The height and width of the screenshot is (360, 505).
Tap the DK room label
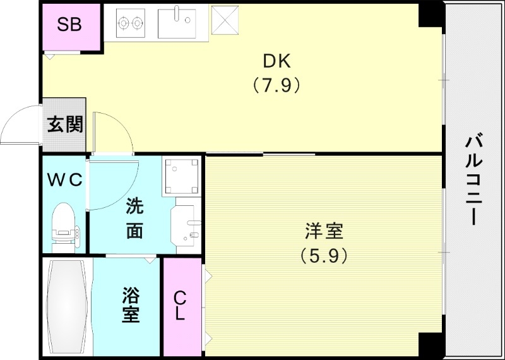276,62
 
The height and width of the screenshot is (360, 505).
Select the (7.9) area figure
276,84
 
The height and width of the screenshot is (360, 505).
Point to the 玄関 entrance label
64,125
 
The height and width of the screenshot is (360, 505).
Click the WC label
64,180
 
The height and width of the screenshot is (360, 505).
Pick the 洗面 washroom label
134,219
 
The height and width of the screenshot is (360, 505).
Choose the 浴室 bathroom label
131,305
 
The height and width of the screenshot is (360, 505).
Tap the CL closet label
180,305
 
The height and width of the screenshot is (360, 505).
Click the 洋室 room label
324,231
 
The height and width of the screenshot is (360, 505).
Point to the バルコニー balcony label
473,180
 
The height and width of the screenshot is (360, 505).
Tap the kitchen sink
177,23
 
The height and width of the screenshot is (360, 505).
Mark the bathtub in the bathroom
67,308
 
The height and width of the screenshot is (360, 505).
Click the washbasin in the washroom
186,225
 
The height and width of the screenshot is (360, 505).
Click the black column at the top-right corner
432,15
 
